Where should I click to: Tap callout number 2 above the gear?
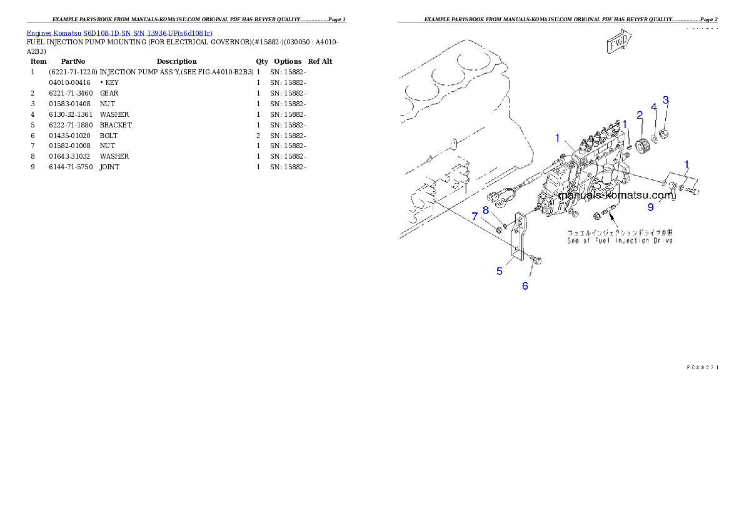point(640,115)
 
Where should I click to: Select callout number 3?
point(666,100)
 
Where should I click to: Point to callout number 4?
point(654,107)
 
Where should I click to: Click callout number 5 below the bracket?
point(500,271)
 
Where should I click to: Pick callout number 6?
point(525,285)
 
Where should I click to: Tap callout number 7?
point(475,216)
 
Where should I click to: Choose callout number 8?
point(485,210)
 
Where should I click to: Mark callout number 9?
point(650,207)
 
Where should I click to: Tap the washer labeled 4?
point(654,138)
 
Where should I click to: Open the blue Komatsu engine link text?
point(119,32)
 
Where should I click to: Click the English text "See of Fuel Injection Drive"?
point(620,241)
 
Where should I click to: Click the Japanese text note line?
point(620,232)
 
